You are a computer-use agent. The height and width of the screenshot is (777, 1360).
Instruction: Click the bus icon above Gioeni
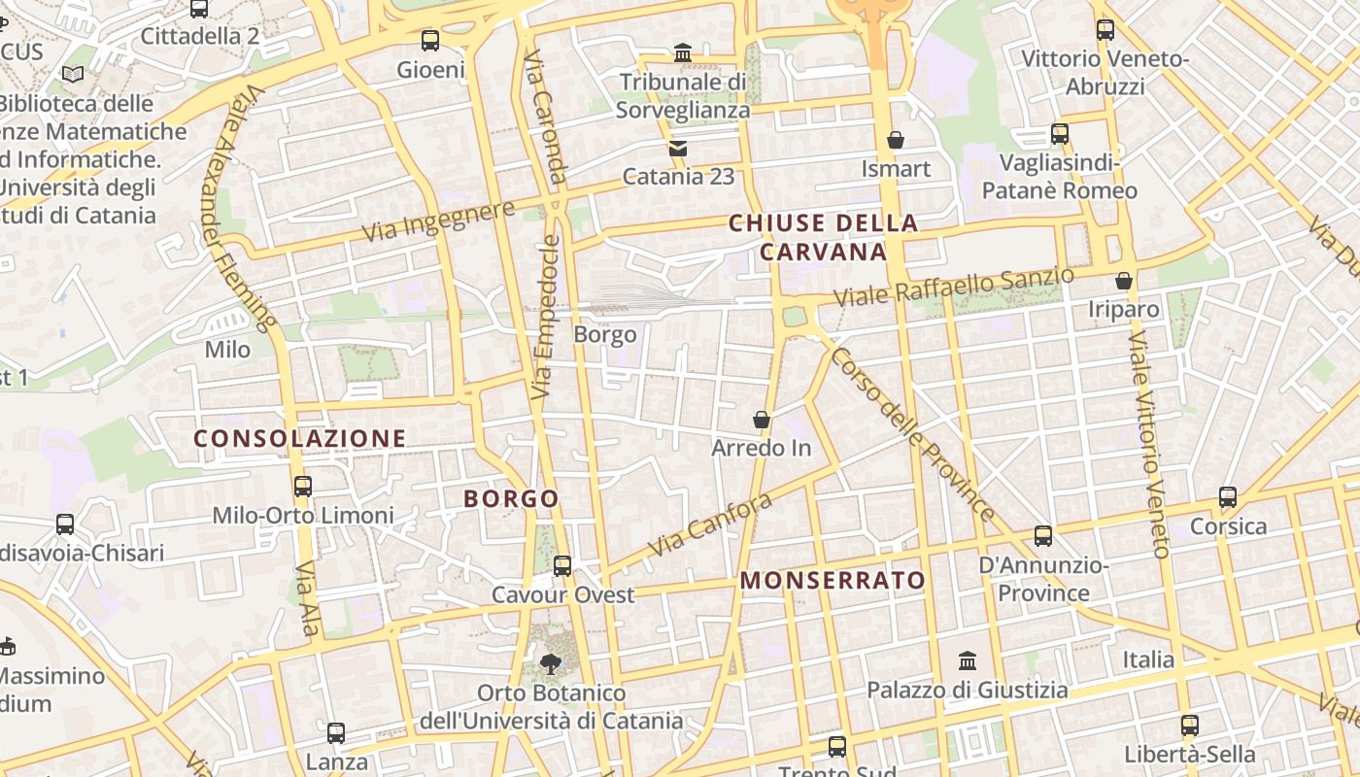click(430, 41)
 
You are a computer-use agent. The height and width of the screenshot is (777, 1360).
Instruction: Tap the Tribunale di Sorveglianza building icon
click(683, 52)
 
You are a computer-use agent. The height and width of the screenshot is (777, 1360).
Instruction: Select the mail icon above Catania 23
click(678, 149)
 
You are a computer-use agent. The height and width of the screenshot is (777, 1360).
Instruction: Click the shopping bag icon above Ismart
click(896, 140)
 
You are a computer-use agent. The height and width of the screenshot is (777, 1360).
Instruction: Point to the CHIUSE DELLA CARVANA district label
click(823, 237)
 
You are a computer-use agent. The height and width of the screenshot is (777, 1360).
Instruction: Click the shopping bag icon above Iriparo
click(1124, 281)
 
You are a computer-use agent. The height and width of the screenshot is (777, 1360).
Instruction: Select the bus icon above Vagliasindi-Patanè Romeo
click(1060, 133)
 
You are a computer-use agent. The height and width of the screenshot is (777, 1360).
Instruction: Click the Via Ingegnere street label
click(438, 222)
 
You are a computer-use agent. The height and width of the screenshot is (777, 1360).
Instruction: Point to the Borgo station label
click(605, 335)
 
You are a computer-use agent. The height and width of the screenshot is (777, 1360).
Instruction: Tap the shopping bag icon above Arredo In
click(762, 420)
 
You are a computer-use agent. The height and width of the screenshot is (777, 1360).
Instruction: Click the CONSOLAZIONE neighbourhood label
click(299, 438)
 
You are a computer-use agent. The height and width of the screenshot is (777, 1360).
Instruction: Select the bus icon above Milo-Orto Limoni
click(303, 486)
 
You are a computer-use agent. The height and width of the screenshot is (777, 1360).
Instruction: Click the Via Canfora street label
click(710, 524)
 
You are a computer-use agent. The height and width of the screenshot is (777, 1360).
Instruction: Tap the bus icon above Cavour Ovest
click(562, 565)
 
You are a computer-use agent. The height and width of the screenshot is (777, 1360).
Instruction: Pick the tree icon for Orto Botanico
click(551, 664)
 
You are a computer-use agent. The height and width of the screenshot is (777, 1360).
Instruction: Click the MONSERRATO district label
click(833, 581)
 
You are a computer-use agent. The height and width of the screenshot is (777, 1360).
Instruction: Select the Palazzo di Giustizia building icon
click(968, 661)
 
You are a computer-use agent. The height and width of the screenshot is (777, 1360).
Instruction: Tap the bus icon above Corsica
click(1228, 497)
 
